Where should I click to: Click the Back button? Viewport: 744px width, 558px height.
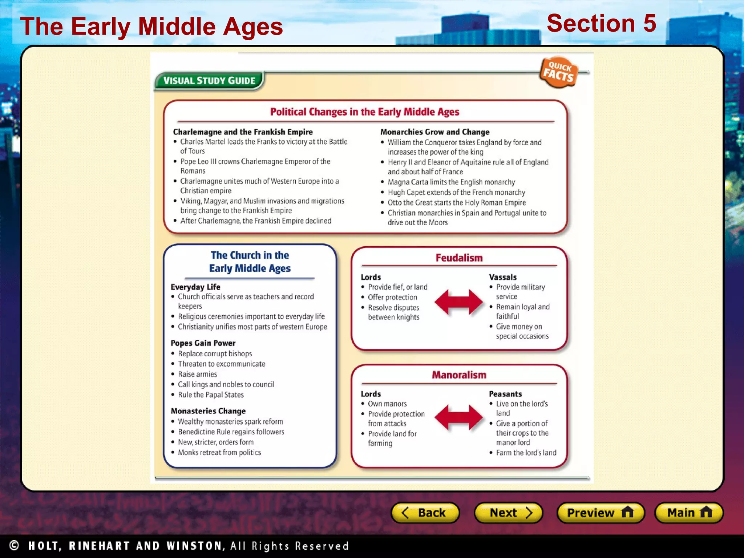(x=425, y=513)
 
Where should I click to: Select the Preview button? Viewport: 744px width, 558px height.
(x=601, y=513)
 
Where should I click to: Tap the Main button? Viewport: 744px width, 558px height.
(x=689, y=513)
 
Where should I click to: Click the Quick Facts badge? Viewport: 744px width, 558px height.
(x=558, y=72)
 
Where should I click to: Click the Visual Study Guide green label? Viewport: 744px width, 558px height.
(x=209, y=81)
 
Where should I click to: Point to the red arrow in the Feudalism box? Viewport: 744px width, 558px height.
(x=458, y=302)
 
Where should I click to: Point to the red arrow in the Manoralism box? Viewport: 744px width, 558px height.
(x=458, y=417)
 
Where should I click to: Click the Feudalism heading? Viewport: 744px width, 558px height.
(x=459, y=258)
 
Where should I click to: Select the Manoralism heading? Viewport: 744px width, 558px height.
(x=459, y=375)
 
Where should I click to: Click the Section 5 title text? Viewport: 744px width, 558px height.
(x=601, y=23)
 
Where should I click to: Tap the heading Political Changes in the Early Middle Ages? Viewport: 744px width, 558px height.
(x=364, y=112)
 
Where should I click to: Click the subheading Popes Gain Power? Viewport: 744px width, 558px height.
(x=203, y=343)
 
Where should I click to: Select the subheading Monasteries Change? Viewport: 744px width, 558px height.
(x=208, y=411)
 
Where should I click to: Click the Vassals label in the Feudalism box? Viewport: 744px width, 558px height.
(x=502, y=278)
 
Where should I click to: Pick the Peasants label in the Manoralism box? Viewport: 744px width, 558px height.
(x=505, y=394)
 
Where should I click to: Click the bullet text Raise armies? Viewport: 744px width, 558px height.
(x=197, y=374)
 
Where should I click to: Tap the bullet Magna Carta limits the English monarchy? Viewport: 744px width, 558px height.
(x=451, y=182)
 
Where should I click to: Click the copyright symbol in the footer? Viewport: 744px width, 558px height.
(x=14, y=545)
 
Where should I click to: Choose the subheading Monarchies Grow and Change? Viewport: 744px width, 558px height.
(x=435, y=132)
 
